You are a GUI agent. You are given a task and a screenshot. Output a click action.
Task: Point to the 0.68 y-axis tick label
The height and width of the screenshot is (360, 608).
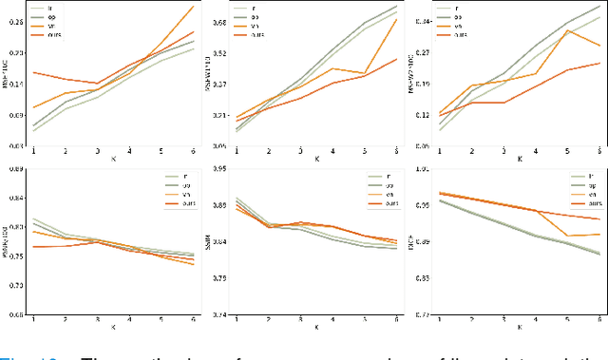coord(218,21)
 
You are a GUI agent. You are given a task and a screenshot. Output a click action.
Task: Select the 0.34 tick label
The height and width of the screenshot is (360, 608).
coord(420,21)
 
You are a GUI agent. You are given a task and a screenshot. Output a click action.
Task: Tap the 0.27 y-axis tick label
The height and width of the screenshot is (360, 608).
coord(420,52)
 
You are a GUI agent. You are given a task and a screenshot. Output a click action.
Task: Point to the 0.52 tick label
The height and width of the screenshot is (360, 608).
coord(218,52)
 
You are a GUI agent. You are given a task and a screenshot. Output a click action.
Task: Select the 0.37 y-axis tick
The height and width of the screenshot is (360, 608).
coord(218,84)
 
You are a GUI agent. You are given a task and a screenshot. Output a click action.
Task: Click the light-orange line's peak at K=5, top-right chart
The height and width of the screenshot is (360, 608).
coord(567,30)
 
